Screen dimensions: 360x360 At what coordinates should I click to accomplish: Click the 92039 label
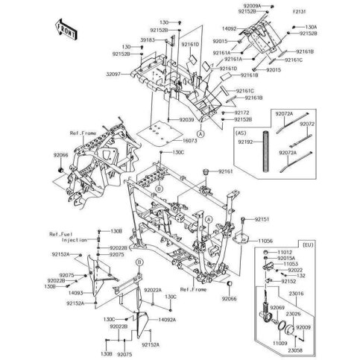[x=186, y=119]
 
